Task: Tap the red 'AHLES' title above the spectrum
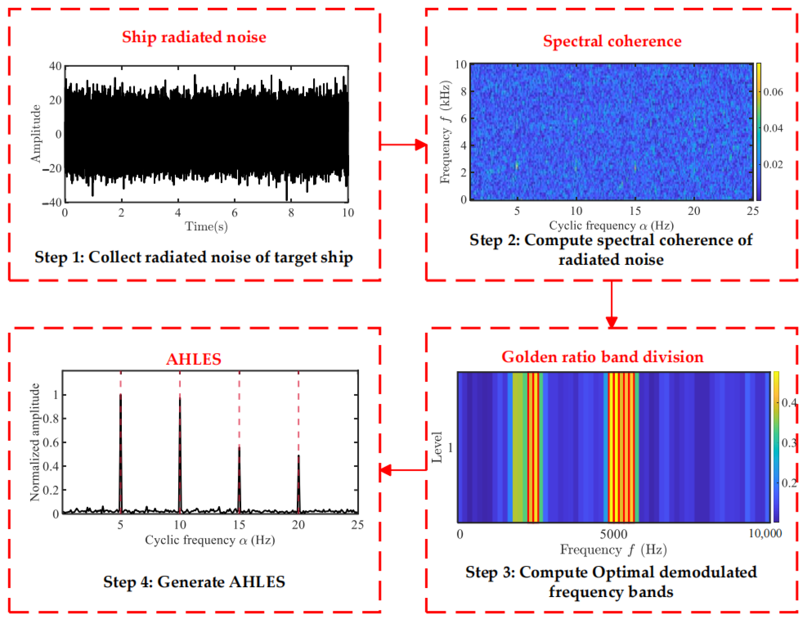click(194, 359)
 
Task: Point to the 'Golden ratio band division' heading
click(602, 357)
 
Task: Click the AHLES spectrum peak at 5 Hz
click(121, 396)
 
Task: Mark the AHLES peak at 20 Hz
click(299, 457)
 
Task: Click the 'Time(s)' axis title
click(206, 227)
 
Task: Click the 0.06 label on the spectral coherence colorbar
click(773, 92)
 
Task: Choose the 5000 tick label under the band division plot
click(613, 534)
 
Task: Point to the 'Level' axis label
click(437, 447)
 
